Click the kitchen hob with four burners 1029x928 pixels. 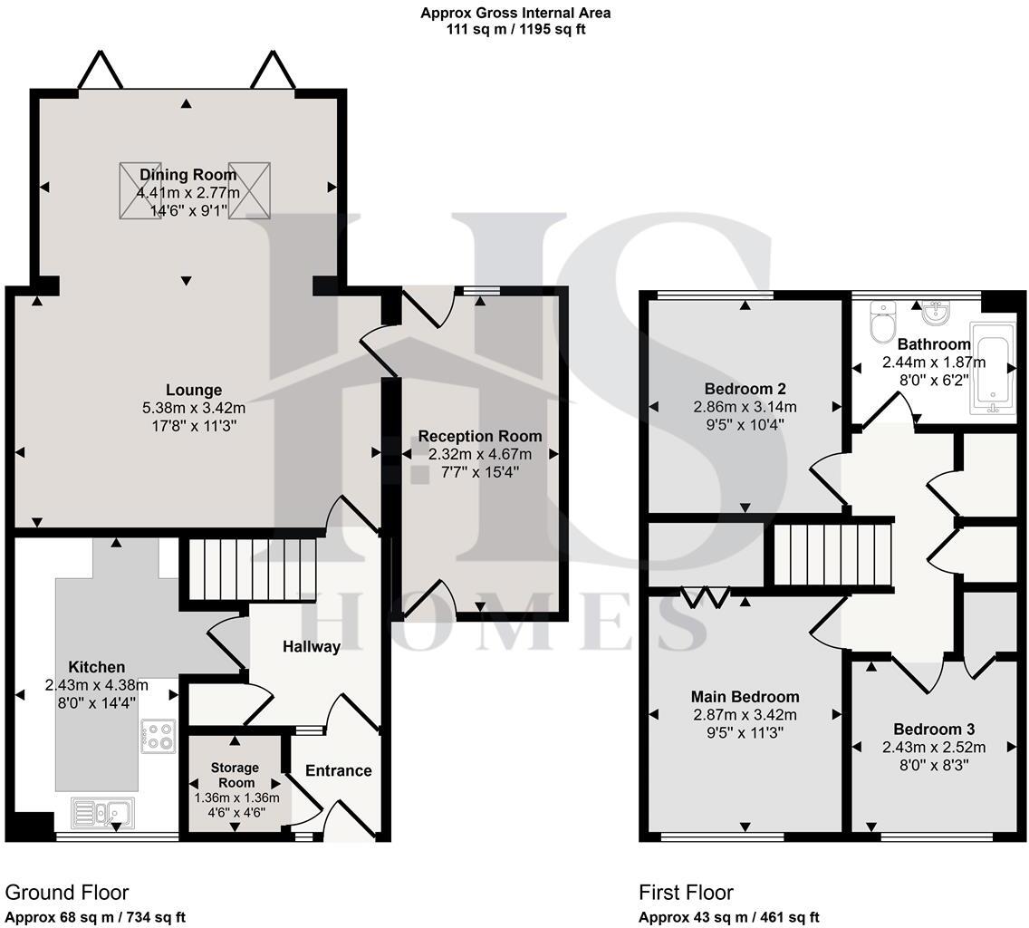(159, 736)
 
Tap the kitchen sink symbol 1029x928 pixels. (102, 812)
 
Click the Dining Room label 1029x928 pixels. (188, 175)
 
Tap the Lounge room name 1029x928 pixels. (194, 390)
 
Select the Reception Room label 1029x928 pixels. (480, 436)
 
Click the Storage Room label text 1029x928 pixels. (236, 775)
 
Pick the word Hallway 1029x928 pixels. (312, 647)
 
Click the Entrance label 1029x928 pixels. (339, 770)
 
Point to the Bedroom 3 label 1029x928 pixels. (934, 729)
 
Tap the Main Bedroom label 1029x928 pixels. (745, 697)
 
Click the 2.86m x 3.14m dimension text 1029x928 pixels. (745, 407)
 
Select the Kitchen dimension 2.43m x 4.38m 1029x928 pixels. (96, 686)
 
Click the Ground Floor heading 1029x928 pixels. (67, 893)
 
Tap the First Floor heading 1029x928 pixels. (686, 893)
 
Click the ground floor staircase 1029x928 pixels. (250, 569)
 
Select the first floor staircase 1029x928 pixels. (832, 553)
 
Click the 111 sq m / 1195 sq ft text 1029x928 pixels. (515, 30)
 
